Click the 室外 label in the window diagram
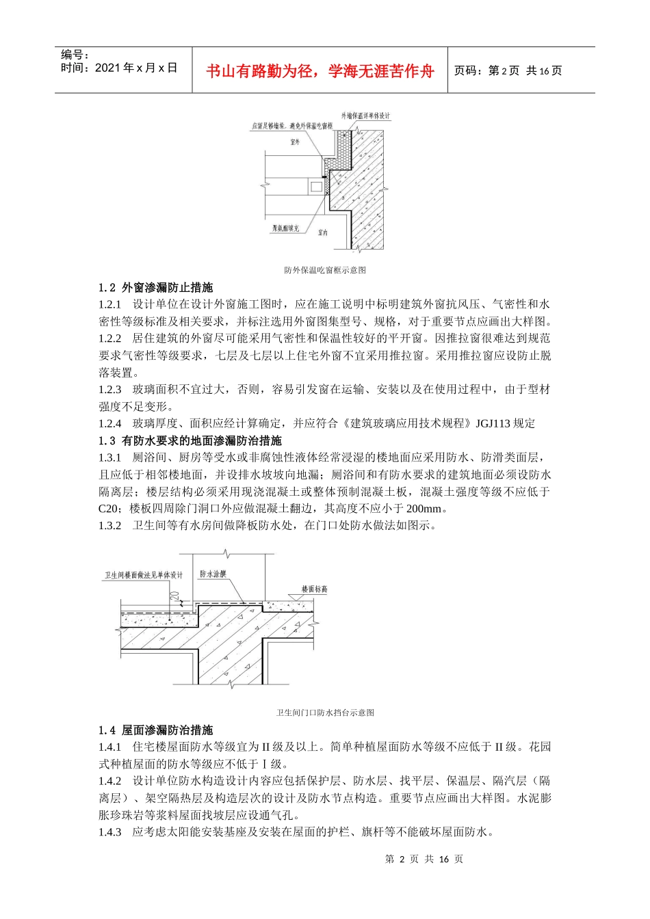[295, 142]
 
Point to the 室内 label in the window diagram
[323, 233]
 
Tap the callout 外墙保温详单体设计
[365, 116]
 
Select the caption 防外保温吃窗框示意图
[325, 270]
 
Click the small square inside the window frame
[315, 186]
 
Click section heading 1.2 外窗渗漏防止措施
[156, 288]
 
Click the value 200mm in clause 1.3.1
[424, 509]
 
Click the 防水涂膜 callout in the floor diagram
[213, 574]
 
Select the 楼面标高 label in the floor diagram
[315, 589]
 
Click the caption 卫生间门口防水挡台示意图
[325, 712]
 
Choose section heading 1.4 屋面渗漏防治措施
[156, 730]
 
